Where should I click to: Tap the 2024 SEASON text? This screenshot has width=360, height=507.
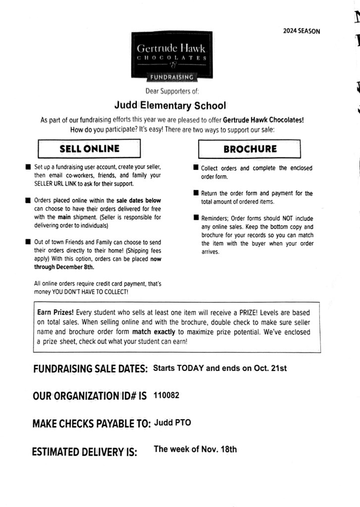tap(302, 31)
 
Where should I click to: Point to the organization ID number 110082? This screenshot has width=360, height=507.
tap(166, 395)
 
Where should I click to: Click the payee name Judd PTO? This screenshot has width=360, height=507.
tap(172, 422)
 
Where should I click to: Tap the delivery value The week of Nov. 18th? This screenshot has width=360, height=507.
tap(195, 450)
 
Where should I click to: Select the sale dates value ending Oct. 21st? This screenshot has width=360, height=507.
tap(220, 368)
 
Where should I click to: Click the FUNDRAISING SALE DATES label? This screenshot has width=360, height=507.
tap(91, 369)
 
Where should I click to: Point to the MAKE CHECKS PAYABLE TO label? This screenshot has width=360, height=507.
tap(91, 424)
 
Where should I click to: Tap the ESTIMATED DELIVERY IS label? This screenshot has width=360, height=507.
tap(84, 452)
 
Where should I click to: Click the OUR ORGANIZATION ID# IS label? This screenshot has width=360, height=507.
tap(90, 396)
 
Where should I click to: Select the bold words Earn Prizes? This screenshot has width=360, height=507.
tap(55, 313)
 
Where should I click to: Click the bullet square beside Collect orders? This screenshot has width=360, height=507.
tap(196, 168)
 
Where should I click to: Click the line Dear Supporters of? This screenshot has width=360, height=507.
tap(172, 91)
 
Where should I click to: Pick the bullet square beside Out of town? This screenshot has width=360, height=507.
tap(28, 243)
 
